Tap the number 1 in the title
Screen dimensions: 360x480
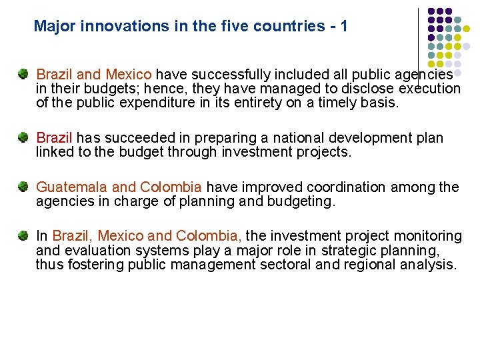[343, 27]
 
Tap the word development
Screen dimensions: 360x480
[360, 138]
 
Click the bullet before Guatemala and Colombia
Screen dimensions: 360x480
[23, 187]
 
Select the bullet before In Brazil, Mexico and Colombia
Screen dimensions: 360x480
[23, 235]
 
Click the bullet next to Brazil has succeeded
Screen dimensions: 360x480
[23, 137]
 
